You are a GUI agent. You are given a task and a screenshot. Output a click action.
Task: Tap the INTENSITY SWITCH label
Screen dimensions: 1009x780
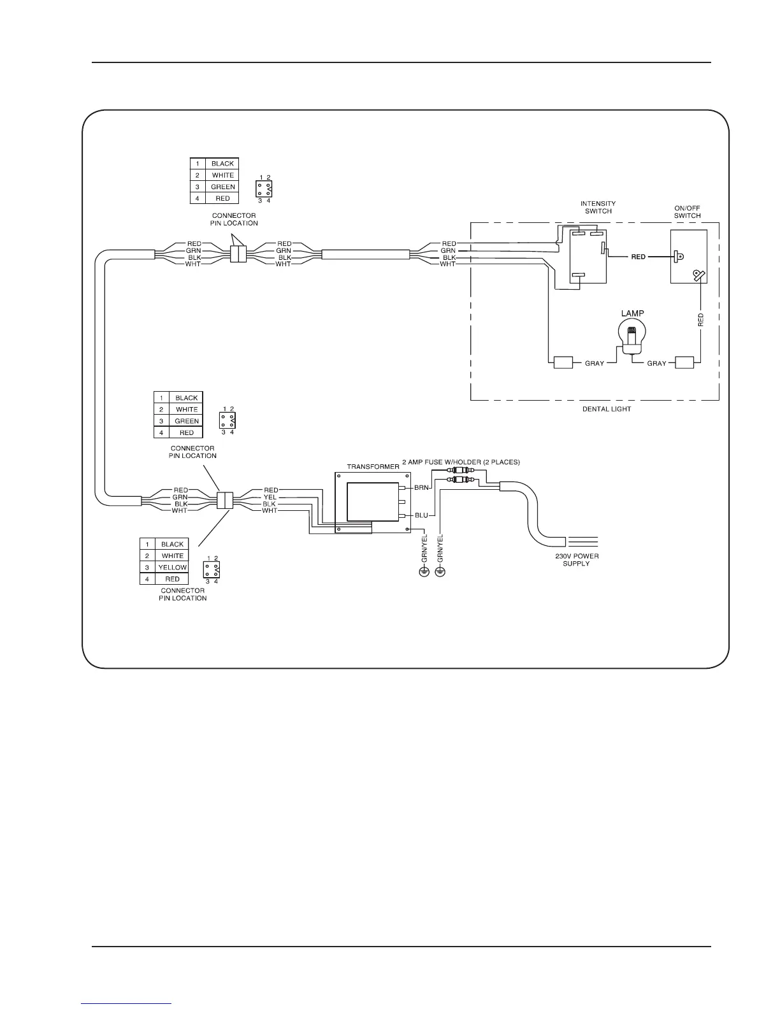tap(598, 208)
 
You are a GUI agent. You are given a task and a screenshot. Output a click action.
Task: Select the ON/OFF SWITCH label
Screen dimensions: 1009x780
tap(687, 212)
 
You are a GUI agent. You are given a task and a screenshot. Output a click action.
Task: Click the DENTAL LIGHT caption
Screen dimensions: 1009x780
tap(607, 409)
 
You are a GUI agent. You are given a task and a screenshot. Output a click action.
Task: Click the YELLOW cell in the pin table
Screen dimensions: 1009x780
tap(173, 568)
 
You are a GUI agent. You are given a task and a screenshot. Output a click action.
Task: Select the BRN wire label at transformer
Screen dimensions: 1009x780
tap(421, 487)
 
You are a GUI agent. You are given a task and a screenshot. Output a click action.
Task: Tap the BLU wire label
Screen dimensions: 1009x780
tap(421, 515)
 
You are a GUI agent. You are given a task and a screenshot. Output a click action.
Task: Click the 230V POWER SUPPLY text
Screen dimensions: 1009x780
tap(577, 559)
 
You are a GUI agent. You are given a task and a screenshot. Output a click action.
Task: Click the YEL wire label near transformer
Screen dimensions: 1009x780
tap(270, 497)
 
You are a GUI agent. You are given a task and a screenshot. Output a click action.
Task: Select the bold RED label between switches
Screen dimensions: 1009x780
tap(638, 257)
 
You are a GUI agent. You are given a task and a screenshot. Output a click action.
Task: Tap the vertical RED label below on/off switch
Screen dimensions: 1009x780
tap(701, 320)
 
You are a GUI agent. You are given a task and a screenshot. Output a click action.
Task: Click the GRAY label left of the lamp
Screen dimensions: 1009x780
tap(594, 363)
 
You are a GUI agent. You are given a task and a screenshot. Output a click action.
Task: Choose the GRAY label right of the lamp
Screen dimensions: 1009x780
tap(656, 363)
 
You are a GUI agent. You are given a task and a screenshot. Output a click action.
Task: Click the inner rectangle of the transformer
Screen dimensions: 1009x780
tap(373, 502)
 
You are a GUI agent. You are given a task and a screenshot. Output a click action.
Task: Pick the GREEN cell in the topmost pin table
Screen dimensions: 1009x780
tap(223, 187)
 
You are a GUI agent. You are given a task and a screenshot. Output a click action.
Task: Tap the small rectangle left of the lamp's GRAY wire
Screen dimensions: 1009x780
tap(563, 363)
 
